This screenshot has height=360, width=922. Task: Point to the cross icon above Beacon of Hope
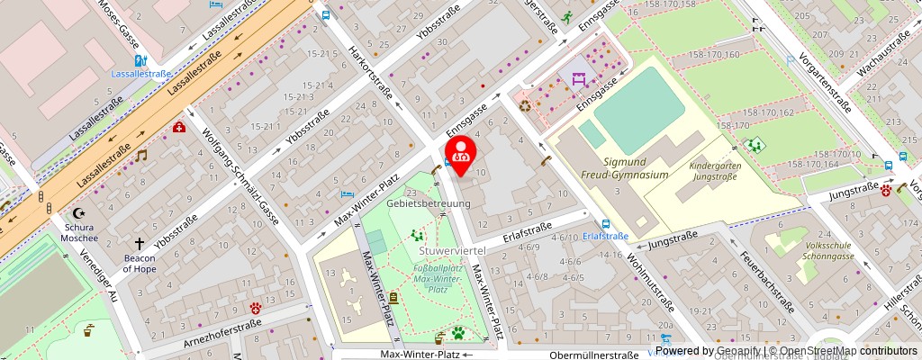click(140, 244)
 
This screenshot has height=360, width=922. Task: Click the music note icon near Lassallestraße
click(140, 155)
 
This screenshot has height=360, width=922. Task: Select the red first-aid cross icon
click(179, 128)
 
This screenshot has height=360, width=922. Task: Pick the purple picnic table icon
click(578, 78)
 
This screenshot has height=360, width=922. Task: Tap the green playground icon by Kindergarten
click(755, 143)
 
